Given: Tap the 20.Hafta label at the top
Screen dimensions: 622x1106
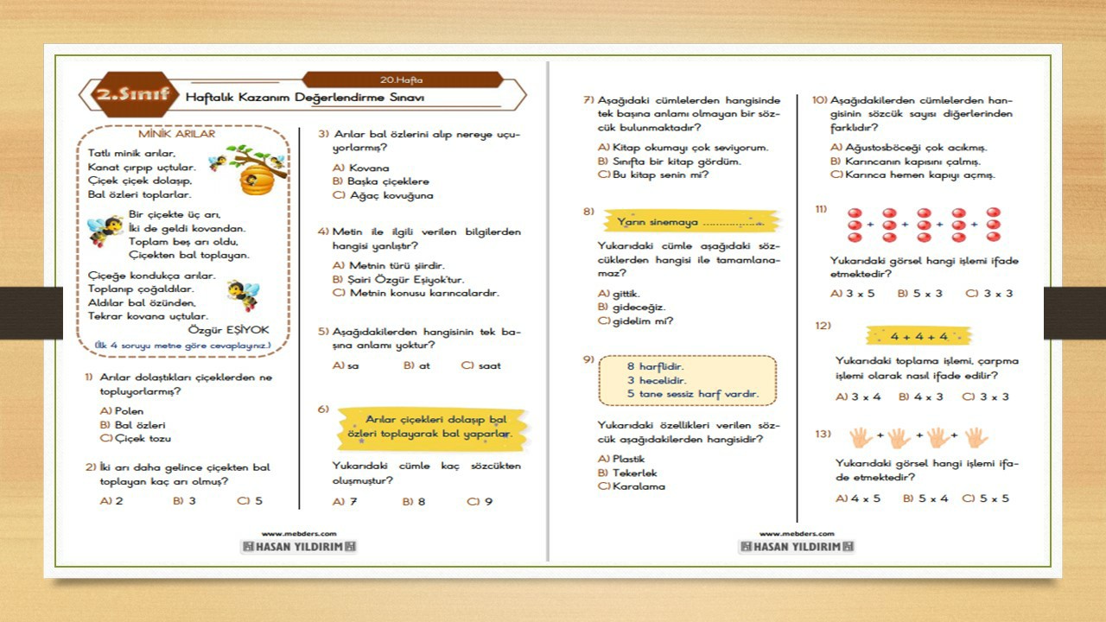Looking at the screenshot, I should point(401,79).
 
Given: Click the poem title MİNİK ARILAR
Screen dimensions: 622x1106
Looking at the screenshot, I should point(176,134).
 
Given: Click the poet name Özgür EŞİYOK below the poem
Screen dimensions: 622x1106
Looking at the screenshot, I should point(228,330).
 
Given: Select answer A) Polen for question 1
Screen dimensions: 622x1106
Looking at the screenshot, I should point(122,411).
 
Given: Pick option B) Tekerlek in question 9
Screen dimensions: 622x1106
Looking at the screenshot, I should point(627,473).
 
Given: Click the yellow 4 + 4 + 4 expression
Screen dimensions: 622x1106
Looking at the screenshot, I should point(918,336).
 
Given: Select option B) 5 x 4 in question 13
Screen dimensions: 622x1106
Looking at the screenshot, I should point(925,498).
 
